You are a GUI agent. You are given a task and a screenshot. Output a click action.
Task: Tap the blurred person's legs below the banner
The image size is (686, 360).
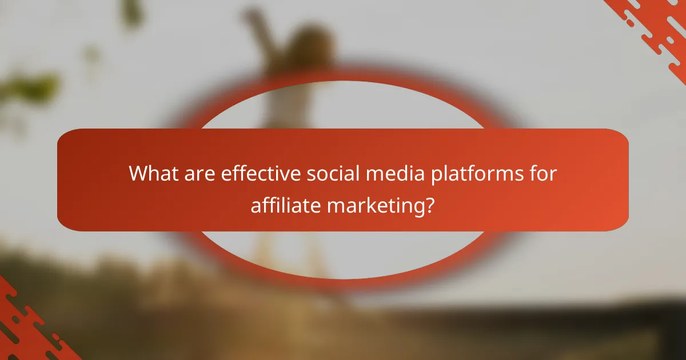286,251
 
